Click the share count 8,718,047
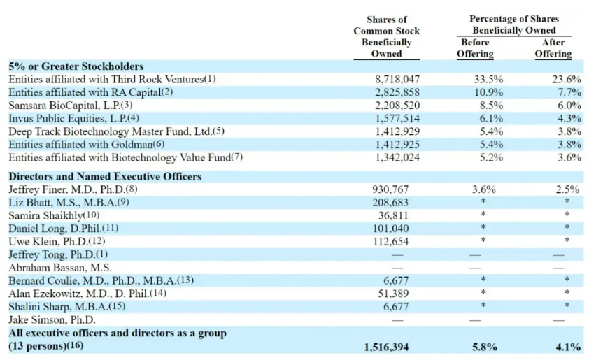pyautogui.click(x=397, y=79)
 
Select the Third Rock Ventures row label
pyautogui.click(x=112, y=79)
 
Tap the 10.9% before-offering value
pyautogui.click(x=488, y=92)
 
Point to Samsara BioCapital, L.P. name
pyautogui.click(x=70, y=105)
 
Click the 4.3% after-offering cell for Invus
pyautogui.click(x=569, y=118)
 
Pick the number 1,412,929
pyautogui.click(x=397, y=131)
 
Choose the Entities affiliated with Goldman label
pyautogui.click(x=87, y=145)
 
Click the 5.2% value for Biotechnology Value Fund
pyautogui.click(x=491, y=157)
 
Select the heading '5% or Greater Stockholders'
pyautogui.click(x=76, y=66)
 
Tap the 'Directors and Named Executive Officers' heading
pyautogui.click(x=105, y=176)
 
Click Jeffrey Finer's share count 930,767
pyautogui.click(x=390, y=189)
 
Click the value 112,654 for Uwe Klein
pyautogui.click(x=390, y=241)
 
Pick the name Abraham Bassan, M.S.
pyautogui.click(x=59, y=268)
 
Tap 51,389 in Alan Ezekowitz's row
pyautogui.click(x=393, y=294)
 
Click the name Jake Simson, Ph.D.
pyautogui.click(x=52, y=320)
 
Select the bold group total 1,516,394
pyautogui.click(x=386, y=347)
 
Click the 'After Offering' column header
pyautogui.click(x=553, y=48)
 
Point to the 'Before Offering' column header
pyautogui.click(x=475, y=48)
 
